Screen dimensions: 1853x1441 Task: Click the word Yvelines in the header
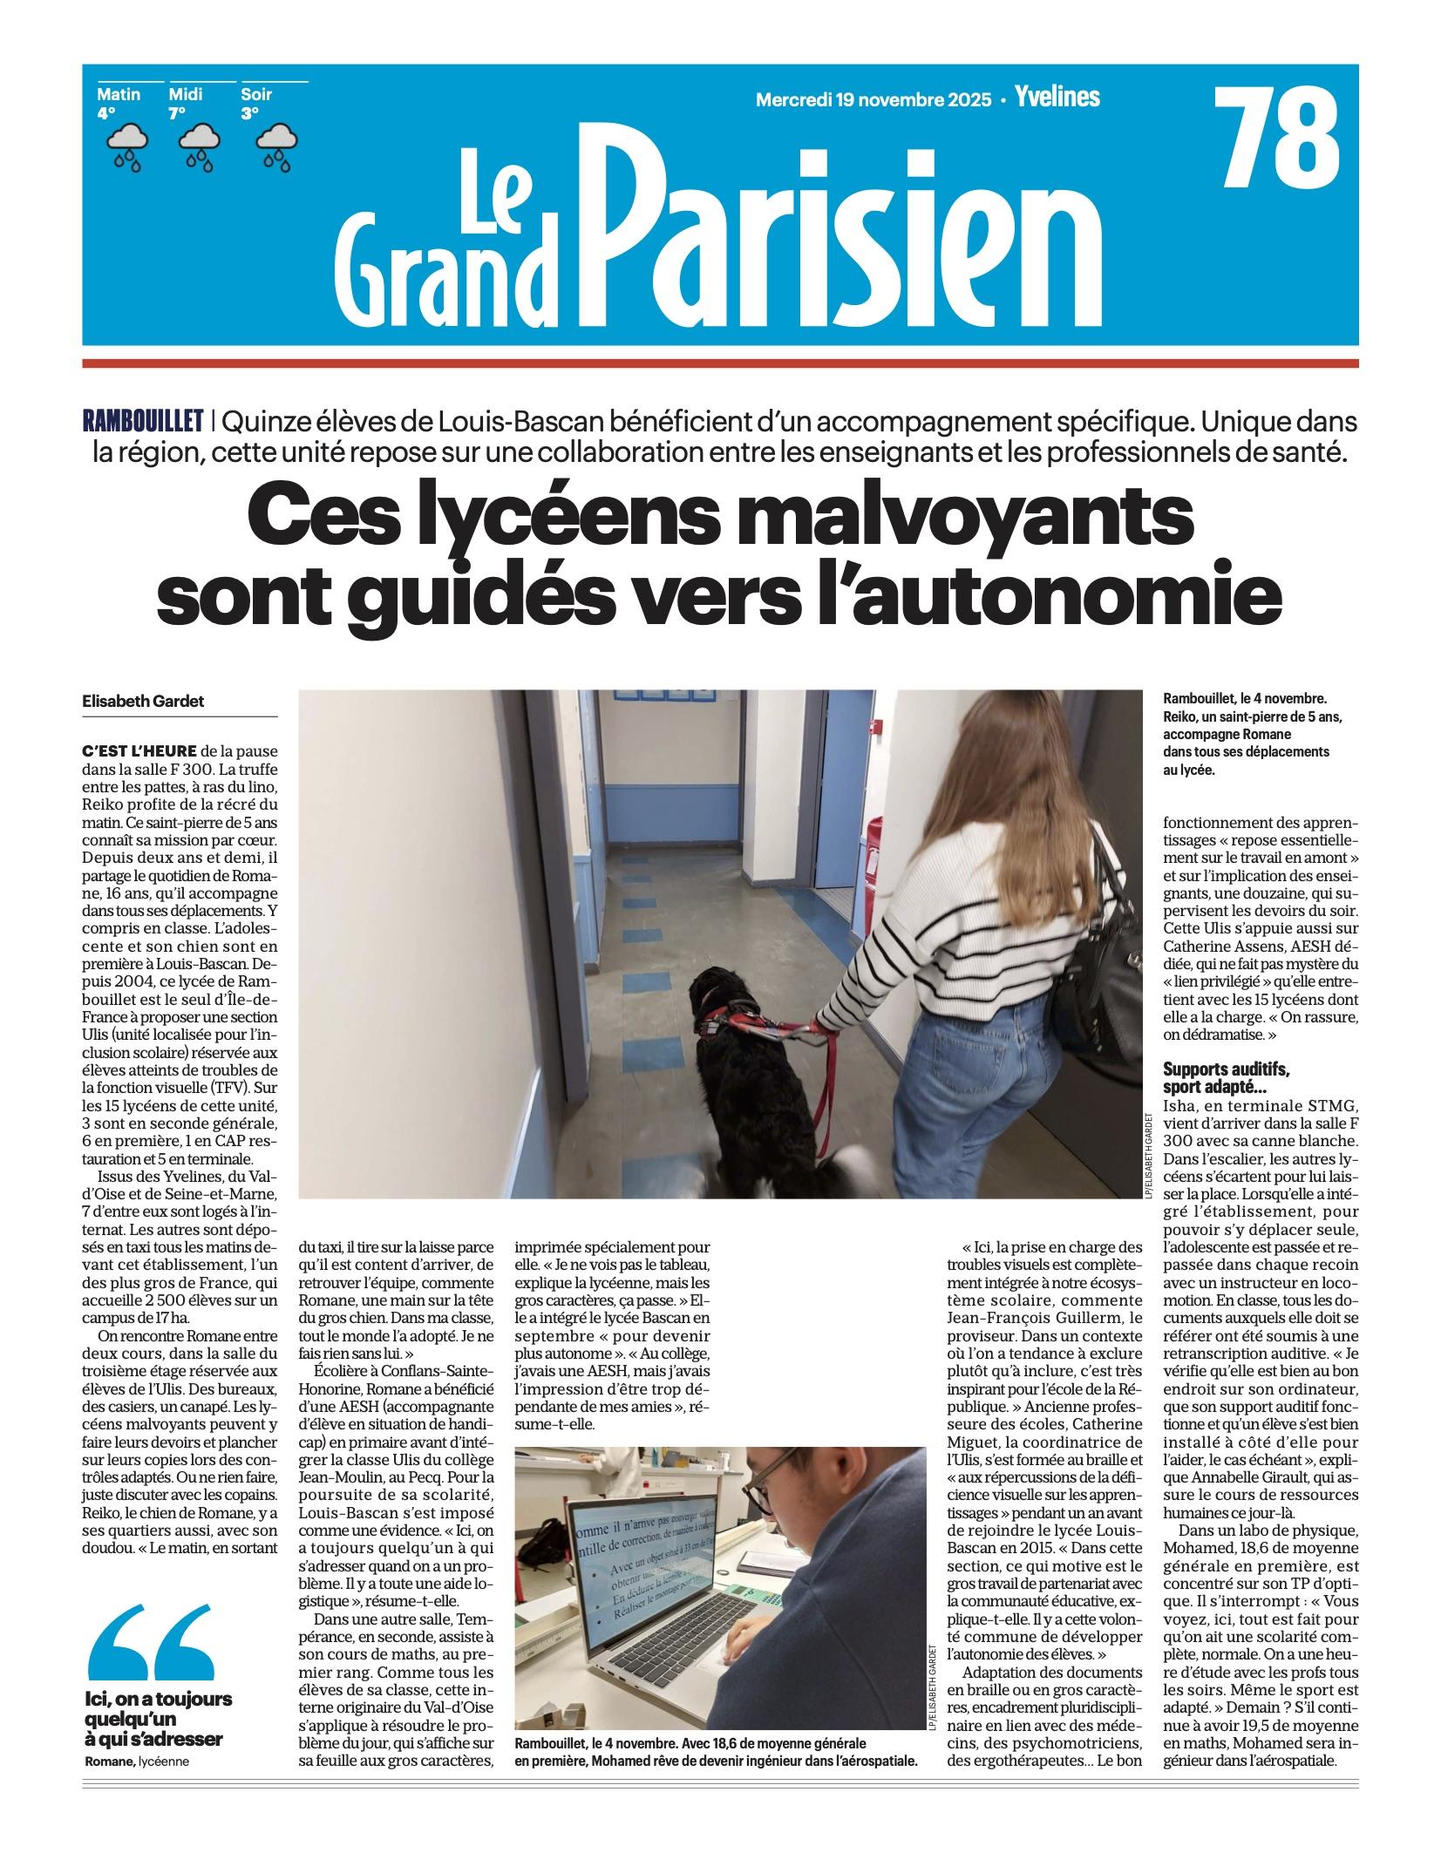tap(1057, 98)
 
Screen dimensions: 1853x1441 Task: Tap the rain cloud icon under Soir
tap(276, 145)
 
